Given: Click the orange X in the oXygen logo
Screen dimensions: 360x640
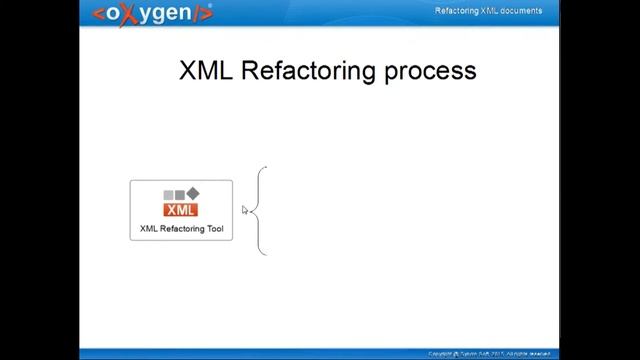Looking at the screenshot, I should (126, 14).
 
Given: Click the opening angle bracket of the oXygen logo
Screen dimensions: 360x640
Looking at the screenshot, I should (98, 14).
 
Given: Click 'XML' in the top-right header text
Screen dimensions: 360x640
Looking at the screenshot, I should (490, 11).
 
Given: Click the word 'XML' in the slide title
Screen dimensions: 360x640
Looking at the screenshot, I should (207, 70).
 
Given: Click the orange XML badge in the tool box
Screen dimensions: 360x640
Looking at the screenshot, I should (181, 209).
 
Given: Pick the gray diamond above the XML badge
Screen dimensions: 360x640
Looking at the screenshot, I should (193, 193).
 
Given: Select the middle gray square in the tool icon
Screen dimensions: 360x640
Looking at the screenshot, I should (180, 194).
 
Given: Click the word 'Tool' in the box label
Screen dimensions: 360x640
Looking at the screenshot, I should (214, 229).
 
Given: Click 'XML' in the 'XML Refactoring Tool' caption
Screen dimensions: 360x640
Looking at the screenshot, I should (149, 229).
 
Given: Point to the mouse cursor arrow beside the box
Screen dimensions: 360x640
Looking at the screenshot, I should (244, 210).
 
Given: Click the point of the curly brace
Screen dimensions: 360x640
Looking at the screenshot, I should (256, 210).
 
